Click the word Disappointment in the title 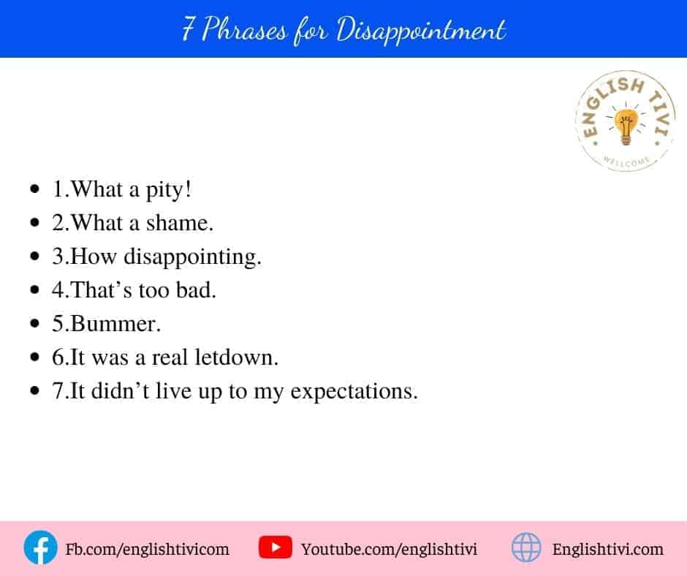click(421, 31)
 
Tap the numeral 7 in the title click(188, 29)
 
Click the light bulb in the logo click(626, 126)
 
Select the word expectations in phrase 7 click(354, 392)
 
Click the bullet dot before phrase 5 click(35, 324)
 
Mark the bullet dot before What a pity click(35, 189)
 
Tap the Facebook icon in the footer click(40, 547)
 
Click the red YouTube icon click(275, 547)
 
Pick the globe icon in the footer click(526, 547)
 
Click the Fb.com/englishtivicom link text click(147, 549)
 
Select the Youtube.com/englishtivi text click(389, 549)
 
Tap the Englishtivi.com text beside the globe click(607, 549)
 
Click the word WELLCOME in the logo click(626, 162)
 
